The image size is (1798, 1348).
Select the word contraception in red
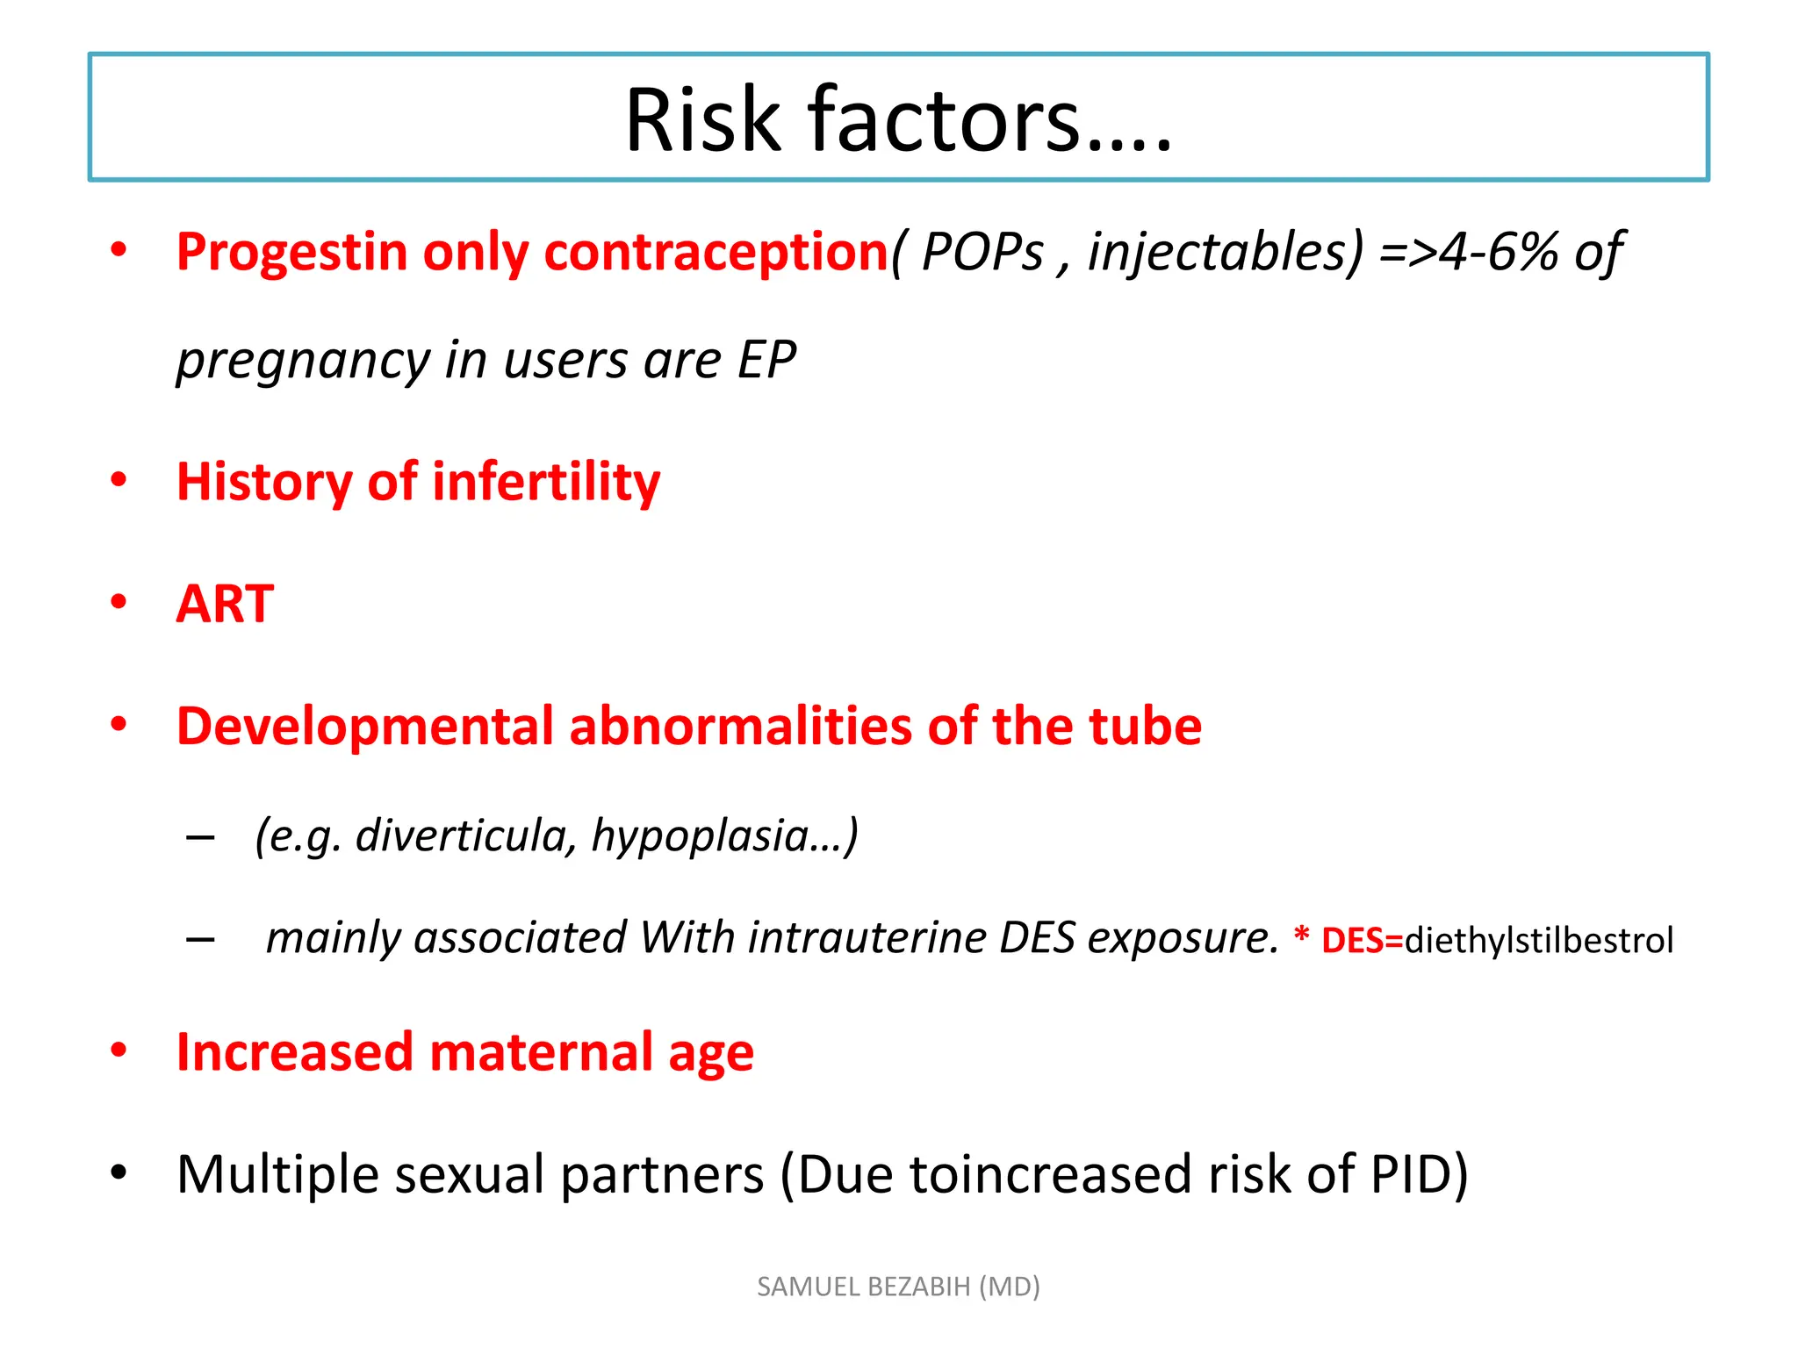(x=716, y=253)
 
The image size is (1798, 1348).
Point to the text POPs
(x=982, y=253)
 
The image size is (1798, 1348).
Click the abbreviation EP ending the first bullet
(x=766, y=360)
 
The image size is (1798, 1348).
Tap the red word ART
(x=226, y=604)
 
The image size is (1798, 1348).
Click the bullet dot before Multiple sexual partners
(x=119, y=1172)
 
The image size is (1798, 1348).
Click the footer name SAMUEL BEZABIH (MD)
(x=898, y=1287)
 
